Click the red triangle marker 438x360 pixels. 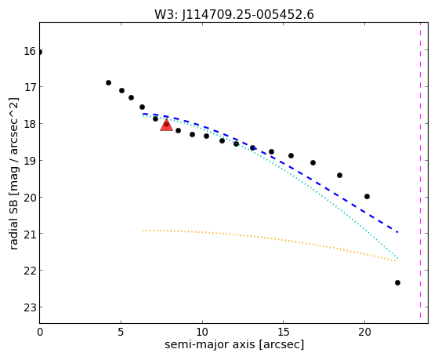pos(166,125)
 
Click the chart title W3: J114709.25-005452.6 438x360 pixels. pos(234,15)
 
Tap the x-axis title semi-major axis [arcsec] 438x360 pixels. pos(234,344)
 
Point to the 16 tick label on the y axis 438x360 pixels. pos(30,51)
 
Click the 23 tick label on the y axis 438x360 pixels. pos(30,307)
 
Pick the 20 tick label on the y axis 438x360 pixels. pos(30,198)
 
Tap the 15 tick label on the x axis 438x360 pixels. pos(283,333)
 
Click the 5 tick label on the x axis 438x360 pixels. pos(121,333)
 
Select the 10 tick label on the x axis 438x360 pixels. pos(202,333)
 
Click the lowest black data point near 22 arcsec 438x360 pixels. pos(397,283)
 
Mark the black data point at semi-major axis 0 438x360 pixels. pos(40,53)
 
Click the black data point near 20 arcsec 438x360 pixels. pos(367,197)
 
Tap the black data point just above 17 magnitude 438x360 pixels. pos(108,83)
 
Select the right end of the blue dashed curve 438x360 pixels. pos(398,232)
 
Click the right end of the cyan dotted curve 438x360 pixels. pos(398,258)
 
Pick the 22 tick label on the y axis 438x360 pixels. pos(30,271)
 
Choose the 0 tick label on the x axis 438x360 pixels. pos(40,333)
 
